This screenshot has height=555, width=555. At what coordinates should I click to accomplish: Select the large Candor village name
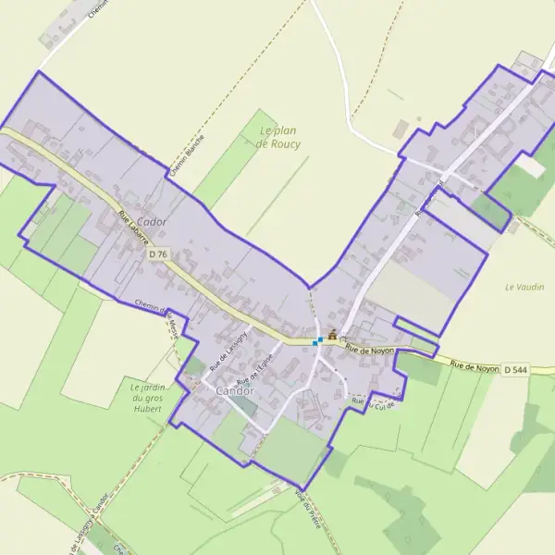(234, 391)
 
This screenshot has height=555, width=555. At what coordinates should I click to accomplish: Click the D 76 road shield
(158, 253)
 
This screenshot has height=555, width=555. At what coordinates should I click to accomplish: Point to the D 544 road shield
(516, 370)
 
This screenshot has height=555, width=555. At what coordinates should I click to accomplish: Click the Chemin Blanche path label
(188, 155)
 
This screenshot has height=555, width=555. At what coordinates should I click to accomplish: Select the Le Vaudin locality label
(524, 287)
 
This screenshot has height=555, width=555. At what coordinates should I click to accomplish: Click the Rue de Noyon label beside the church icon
(370, 350)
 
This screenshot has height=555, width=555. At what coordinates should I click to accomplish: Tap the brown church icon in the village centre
(332, 335)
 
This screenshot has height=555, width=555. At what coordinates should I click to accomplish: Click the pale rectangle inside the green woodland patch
(530, 166)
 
